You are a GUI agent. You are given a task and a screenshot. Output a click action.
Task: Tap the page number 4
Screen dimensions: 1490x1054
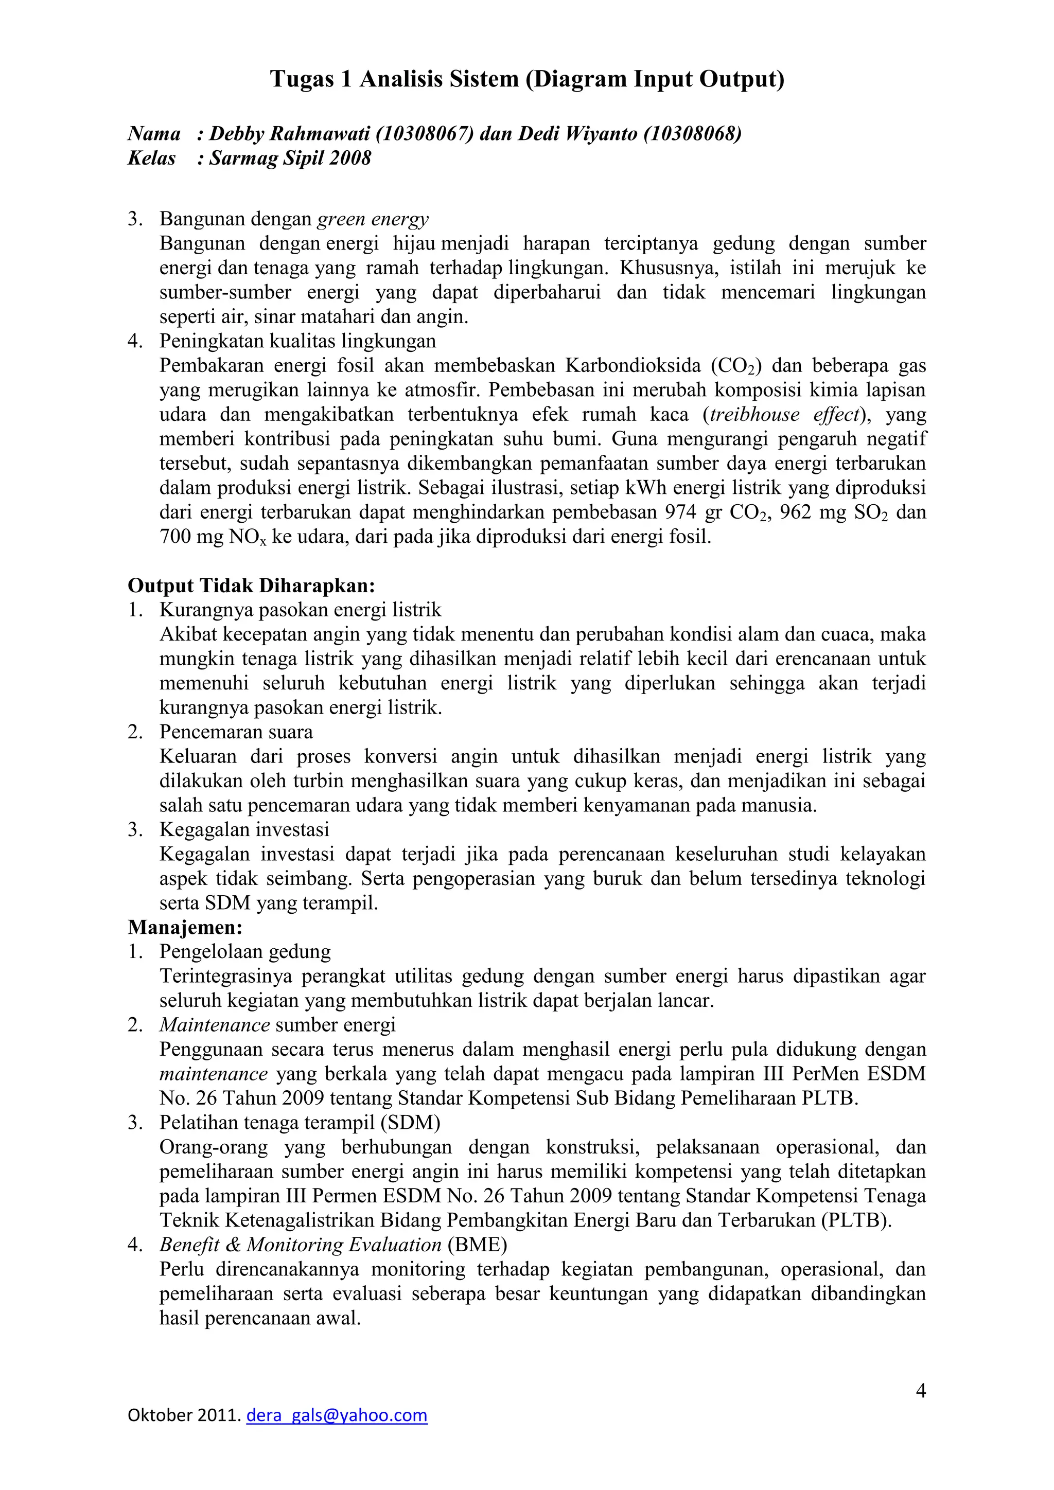[x=920, y=1391]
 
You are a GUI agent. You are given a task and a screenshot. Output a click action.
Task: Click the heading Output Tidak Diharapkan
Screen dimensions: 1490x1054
[x=251, y=586]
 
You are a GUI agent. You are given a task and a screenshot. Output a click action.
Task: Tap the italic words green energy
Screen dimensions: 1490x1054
[x=373, y=219]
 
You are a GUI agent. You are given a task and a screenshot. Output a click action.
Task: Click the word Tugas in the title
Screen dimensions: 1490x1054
[x=299, y=79]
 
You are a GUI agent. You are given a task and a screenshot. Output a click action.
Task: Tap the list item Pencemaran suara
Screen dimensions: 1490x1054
[x=236, y=732]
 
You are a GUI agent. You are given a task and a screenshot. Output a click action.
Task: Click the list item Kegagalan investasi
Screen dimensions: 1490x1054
[x=244, y=829]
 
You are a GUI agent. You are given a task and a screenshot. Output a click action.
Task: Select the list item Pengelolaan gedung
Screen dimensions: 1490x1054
[x=245, y=951]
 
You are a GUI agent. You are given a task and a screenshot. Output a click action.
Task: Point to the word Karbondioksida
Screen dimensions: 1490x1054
[x=633, y=366]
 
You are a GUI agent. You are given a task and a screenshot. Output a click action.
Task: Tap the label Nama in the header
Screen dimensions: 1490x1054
[x=154, y=134]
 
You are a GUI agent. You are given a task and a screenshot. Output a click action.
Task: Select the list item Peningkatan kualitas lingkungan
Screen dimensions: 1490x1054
[x=298, y=341]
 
